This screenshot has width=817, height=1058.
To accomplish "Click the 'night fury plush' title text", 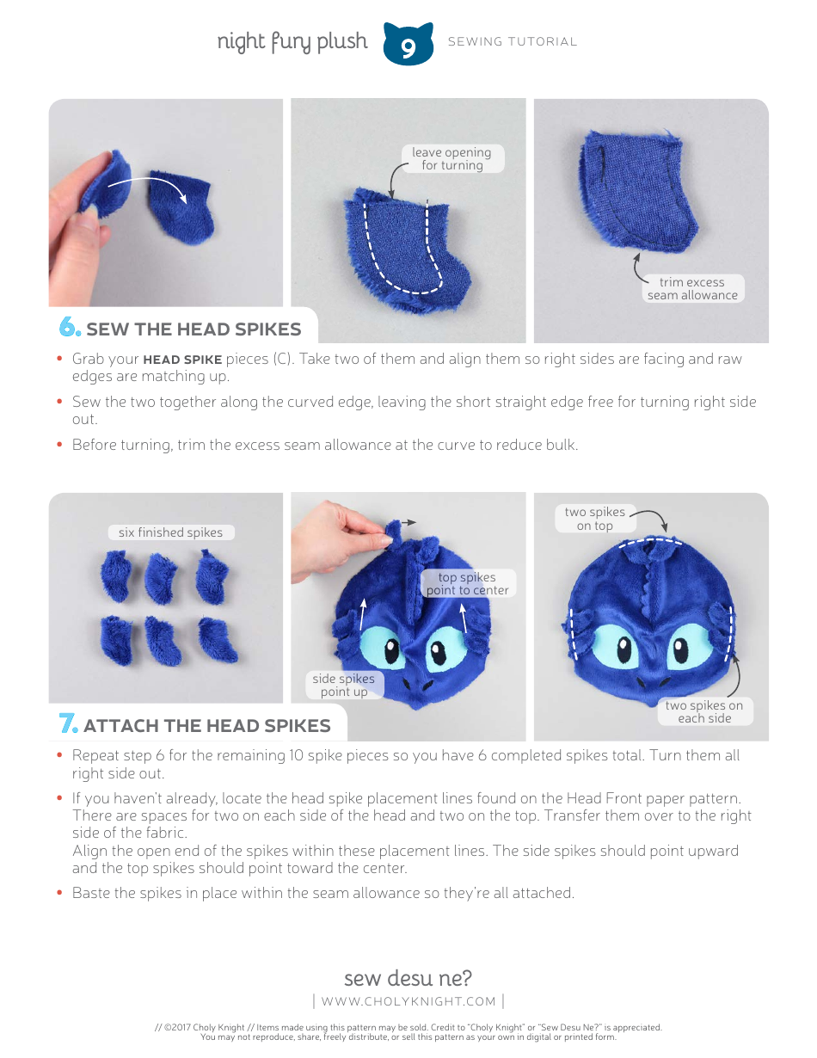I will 292,41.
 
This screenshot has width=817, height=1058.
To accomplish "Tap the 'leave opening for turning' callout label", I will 451,159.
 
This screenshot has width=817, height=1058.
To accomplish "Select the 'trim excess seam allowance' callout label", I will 692,289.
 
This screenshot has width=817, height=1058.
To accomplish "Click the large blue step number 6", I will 69,328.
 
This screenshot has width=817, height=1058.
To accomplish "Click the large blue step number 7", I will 69,724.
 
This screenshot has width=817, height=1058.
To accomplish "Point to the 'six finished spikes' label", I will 170,532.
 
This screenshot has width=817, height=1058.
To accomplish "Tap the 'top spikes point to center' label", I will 468,584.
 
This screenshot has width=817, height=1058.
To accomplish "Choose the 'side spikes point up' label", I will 344,686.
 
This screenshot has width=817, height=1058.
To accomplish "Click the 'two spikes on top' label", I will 595,519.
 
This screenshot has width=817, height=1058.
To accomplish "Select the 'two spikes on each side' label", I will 704,711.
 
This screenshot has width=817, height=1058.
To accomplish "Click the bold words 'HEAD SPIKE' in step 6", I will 182,360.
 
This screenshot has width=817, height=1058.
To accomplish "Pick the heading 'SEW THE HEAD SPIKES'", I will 193,329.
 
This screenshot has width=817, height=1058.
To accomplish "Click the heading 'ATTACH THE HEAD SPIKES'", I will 207,726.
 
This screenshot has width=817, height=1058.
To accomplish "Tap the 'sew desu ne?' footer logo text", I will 408,978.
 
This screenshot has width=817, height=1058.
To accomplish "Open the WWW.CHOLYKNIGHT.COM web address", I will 408,1001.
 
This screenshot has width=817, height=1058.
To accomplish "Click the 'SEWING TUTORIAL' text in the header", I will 513,41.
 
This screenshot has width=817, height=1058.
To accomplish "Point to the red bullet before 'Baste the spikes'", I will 59,893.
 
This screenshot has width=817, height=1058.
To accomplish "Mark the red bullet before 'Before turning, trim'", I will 59,445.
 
